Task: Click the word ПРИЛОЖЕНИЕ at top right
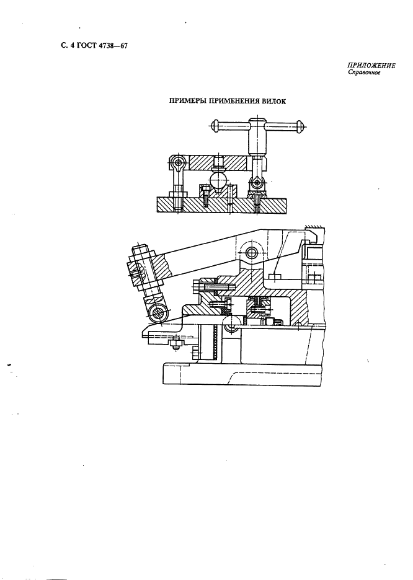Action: [x=371, y=66]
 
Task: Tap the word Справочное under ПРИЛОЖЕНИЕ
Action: [x=364, y=73]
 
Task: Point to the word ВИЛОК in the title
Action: [x=274, y=102]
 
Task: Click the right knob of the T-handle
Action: [x=300, y=126]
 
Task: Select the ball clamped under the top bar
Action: [x=218, y=181]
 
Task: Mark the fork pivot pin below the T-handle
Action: [x=258, y=182]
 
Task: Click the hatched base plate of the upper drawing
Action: [x=221, y=204]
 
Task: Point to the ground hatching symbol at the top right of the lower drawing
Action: [x=314, y=227]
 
